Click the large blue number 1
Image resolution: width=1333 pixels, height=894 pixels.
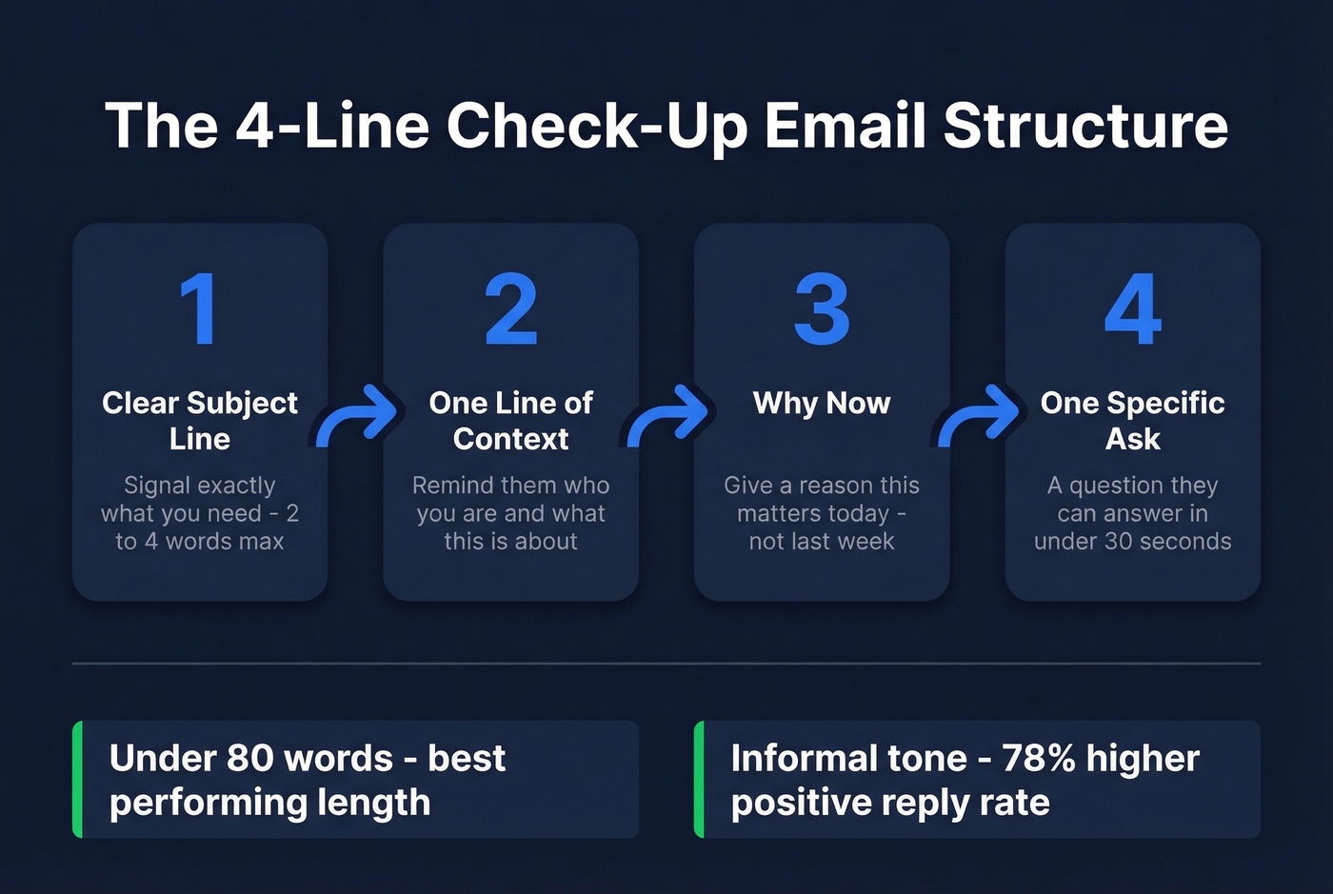(x=199, y=309)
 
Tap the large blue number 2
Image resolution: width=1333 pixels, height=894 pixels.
(x=511, y=309)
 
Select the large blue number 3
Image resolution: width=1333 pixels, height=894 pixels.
(x=822, y=309)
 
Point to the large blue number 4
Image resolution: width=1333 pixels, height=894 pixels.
(x=1133, y=309)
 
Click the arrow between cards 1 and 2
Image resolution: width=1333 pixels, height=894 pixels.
(x=356, y=416)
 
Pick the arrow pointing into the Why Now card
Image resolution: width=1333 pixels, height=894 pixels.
(x=667, y=416)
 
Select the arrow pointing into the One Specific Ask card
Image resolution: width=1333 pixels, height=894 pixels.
(x=979, y=416)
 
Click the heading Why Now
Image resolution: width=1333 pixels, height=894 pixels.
(x=822, y=403)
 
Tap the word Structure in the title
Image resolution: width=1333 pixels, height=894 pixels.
(x=1085, y=126)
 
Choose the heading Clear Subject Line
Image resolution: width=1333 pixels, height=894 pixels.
(x=200, y=420)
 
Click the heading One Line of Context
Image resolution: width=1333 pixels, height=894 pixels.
(x=511, y=420)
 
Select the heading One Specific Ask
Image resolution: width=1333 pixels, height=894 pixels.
(x=1133, y=420)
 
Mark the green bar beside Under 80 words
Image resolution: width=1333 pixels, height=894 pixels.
(x=78, y=779)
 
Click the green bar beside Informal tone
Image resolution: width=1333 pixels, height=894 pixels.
(x=700, y=779)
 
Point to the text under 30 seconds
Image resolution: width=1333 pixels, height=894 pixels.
(x=1133, y=542)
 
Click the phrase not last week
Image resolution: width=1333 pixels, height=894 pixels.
(x=822, y=542)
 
